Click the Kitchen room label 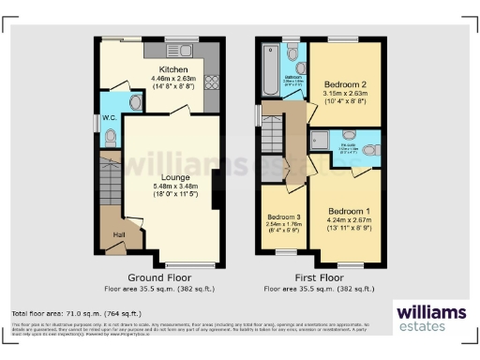point(173,69)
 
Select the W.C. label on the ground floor point(109,118)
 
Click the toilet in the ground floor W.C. point(112,137)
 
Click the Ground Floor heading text point(160,277)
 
